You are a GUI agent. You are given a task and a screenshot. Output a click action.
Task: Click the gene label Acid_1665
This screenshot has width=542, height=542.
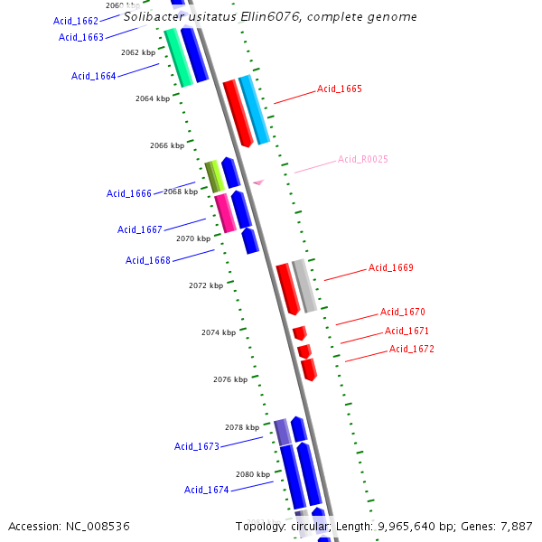(x=339, y=89)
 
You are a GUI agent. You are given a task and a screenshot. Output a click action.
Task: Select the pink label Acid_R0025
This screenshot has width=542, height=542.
(x=362, y=160)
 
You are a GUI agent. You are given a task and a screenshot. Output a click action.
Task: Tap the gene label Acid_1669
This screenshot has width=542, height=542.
(x=390, y=268)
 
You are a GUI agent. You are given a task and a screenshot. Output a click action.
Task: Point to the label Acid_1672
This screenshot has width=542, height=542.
(x=411, y=350)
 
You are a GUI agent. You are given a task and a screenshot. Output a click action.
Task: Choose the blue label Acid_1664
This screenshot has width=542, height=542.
(x=94, y=77)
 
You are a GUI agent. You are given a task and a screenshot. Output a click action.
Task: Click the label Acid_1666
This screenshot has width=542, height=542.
(x=129, y=193)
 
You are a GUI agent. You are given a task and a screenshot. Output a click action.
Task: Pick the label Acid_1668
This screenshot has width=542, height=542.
(x=148, y=261)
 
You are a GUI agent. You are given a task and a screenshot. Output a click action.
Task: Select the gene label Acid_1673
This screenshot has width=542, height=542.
(x=197, y=447)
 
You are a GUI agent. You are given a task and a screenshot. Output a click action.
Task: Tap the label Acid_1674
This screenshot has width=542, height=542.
(x=207, y=491)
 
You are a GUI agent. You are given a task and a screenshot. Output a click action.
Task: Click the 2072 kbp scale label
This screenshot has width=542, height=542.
(x=206, y=286)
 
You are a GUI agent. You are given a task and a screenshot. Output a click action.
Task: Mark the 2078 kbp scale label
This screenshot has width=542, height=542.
(x=241, y=427)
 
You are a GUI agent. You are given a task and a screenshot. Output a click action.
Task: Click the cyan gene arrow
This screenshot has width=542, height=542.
(x=254, y=109)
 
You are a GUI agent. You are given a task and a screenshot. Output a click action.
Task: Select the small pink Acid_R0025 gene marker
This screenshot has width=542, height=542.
(x=258, y=182)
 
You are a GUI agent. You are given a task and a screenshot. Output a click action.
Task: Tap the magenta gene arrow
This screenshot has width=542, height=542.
(x=225, y=213)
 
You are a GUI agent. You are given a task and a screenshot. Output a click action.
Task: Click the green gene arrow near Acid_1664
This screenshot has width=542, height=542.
(x=178, y=57)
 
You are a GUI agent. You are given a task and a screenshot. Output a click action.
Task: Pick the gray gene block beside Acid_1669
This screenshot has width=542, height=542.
(x=304, y=285)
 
